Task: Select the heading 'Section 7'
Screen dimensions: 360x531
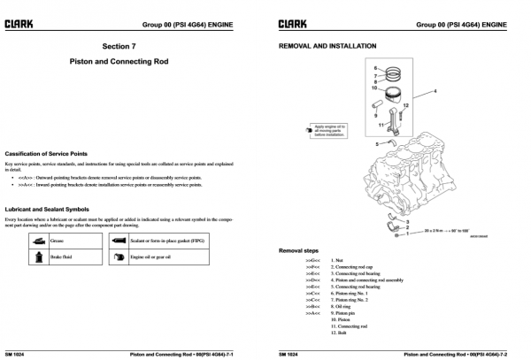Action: coord(131,45)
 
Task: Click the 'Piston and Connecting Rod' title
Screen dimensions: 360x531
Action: coord(131,64)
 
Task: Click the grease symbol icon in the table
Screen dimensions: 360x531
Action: coord(40,240)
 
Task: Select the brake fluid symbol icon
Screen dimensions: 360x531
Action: coord(40,257)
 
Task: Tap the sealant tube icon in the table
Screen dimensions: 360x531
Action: coord(119,240)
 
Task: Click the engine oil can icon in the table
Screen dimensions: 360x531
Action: coord(119,257)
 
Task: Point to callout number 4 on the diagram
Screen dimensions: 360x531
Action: coord(435,90)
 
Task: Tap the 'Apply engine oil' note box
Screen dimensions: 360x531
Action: coord(325,131)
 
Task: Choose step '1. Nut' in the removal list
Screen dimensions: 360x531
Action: coord(337,261)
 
